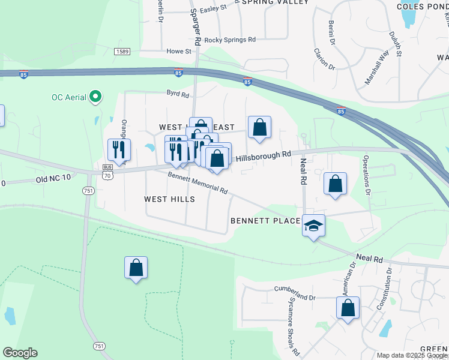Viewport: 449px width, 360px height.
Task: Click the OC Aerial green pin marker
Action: coord(95,97)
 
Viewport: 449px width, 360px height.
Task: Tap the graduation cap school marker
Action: coord(313,226)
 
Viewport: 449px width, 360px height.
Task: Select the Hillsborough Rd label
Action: coord(264,157)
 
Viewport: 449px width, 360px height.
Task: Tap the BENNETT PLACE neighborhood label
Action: coord(265,221)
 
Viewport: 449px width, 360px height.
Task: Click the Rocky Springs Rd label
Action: coord(230,40)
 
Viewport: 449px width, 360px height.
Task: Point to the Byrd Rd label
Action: coord(178,94)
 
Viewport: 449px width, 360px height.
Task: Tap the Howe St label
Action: coord(178,52)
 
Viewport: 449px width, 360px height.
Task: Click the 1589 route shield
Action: coord(122,52)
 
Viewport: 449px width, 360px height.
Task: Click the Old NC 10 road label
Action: coord(53,178)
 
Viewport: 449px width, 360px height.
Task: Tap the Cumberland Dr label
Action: coord(295,297)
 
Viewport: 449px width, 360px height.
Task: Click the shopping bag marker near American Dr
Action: coord(348,308)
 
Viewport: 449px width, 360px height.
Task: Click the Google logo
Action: coord(20,353)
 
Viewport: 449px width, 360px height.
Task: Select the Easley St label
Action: coord(213,8)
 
